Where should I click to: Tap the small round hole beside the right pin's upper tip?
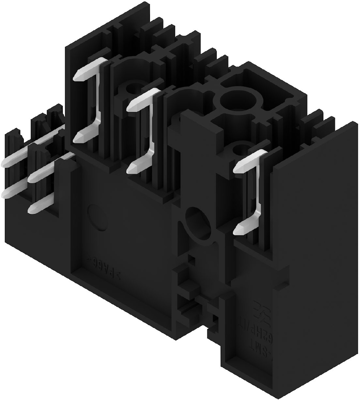(240, 149)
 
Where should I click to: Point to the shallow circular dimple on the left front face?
(94, 214)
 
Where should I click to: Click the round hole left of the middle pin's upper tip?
(135, 101)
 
